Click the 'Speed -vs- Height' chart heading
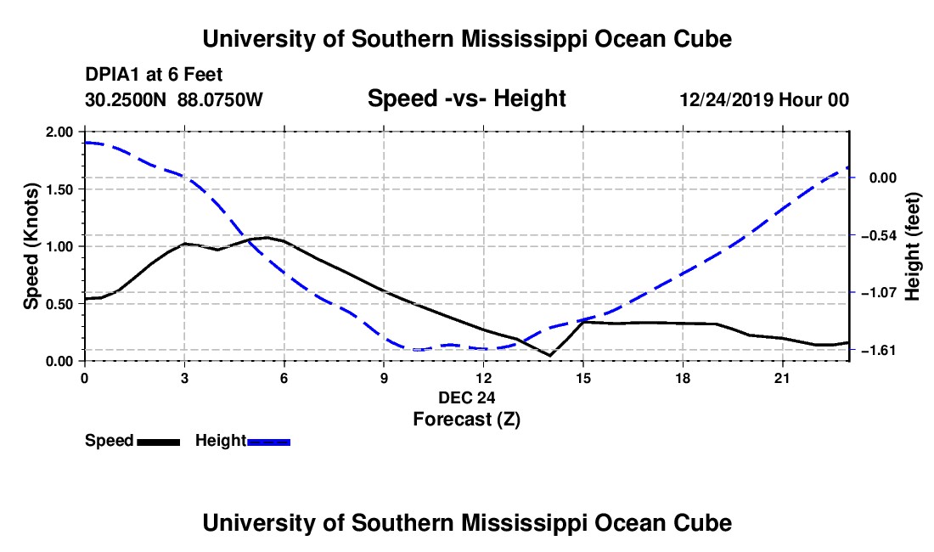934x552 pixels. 466,99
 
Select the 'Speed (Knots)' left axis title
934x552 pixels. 31,246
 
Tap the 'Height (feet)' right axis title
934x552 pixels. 912,246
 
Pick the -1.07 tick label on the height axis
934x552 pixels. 879,292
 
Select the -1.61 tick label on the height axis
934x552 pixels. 879,350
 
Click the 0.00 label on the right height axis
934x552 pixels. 883,178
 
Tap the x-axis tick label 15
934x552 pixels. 583,378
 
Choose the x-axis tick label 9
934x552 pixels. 384,378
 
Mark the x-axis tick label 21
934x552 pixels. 782,378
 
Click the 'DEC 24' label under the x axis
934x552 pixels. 467,397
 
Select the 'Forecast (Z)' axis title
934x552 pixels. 467,420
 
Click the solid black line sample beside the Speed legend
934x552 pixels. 159,442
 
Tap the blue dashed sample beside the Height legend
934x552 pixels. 268,442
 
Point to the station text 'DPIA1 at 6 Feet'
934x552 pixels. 154,75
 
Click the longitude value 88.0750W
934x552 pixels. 220,99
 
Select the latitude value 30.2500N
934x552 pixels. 126,99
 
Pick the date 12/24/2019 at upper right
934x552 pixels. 727,99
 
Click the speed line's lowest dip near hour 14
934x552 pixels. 549,356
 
